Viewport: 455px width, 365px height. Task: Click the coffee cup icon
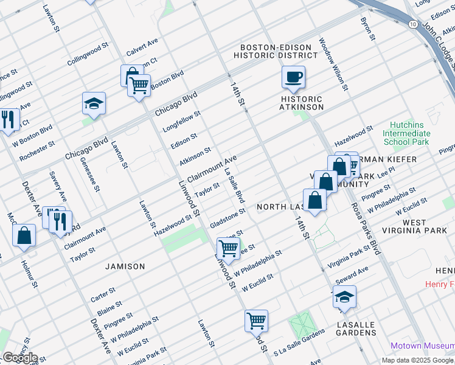point(293,77)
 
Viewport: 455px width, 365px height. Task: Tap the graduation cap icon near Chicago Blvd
point(94,104)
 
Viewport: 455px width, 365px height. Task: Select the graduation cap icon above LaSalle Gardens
point(345,297)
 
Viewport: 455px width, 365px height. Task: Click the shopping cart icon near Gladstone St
point(228,248)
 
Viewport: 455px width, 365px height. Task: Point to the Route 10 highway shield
point(412,24)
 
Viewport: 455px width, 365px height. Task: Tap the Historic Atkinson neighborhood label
point(302,103)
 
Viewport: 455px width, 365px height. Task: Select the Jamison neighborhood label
point(125,266)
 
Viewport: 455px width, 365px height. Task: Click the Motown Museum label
point(422,346)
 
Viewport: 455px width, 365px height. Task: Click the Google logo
point(20,358)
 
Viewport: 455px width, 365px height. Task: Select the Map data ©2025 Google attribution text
point(418,360)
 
